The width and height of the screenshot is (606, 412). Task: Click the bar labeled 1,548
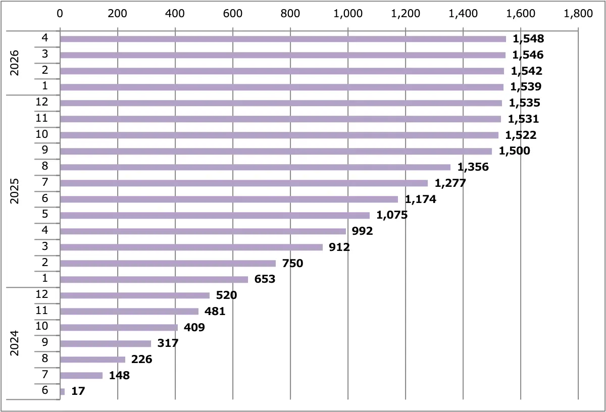pos(283,39)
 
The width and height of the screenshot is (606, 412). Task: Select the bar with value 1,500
pos(276,151)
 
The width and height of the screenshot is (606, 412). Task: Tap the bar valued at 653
pos(154,279)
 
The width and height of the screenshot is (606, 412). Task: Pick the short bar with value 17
pos(63,392)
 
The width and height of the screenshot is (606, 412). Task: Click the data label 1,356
pos(473,167)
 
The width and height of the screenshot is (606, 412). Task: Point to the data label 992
pos(362,231)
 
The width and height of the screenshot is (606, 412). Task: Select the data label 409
pos(194,327)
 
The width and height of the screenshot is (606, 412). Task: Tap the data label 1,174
pos(420,199)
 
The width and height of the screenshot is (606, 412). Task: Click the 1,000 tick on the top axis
pos(348,14)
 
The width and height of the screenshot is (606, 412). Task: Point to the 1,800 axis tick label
pos(578,14)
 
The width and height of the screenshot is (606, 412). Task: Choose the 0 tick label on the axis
pos(60,14)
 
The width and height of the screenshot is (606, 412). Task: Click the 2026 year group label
pos(14,63)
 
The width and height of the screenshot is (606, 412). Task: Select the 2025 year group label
pos(14,191)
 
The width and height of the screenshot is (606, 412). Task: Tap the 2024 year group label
pos(14,343)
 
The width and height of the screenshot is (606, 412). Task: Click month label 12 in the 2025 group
pos(41,101)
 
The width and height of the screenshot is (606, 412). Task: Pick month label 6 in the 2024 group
pos(45,390)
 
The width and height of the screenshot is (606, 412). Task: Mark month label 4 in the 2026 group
pos(45,37)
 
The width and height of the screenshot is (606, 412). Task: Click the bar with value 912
pos(191,247)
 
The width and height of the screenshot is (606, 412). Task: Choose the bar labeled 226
pos(92,359)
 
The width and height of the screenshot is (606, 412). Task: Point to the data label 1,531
pos(523,119)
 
